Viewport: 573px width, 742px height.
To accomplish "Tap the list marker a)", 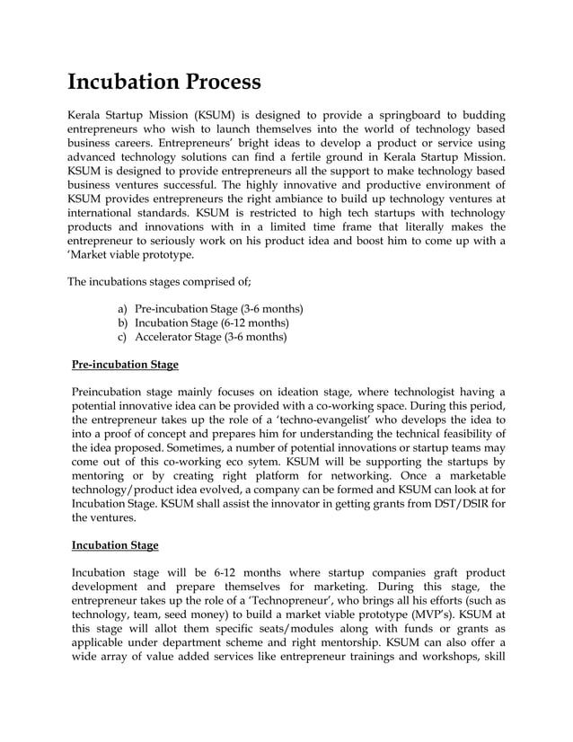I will click(123, 308).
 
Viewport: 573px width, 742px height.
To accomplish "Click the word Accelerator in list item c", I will click(167, 337).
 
